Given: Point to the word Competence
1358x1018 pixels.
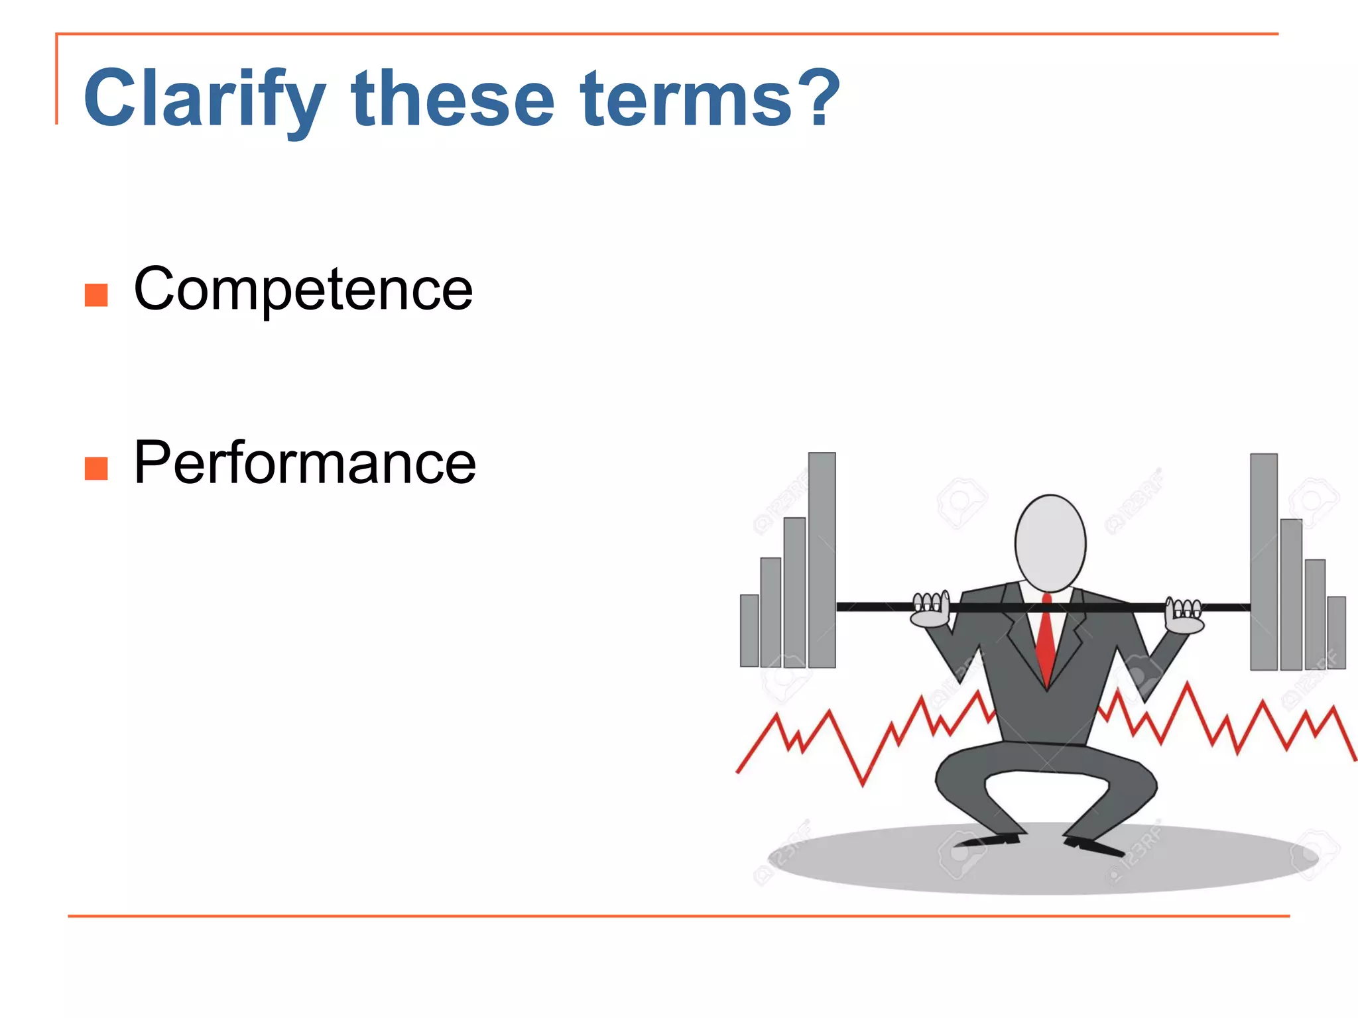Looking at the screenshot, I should [303, 289].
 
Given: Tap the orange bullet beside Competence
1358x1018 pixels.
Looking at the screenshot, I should [96, 295].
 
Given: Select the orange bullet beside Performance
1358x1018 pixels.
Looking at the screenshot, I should [96, 469].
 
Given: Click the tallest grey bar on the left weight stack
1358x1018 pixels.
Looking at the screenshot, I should [822, 560].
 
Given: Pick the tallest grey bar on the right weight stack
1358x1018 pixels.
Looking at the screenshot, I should [1264, 562].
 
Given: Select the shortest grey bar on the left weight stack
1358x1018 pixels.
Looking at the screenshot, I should [749, 630].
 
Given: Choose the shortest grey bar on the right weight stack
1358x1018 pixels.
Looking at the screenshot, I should [1336, 632].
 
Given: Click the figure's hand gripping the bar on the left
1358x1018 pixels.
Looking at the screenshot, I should [931, 611].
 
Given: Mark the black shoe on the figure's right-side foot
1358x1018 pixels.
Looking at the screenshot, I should [1094, 846].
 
